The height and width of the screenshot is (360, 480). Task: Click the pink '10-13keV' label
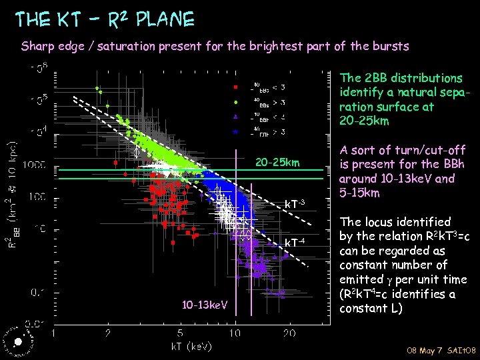[x=205, y=305]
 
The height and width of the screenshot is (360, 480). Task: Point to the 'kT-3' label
[x=295, y=203]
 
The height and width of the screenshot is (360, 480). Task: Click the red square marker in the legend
[x=235, y=87]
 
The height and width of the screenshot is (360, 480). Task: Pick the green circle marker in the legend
[x=235, y=102]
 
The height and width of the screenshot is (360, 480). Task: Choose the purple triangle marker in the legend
[x=235, y=117]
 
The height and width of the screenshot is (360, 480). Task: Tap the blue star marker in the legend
[x=235, y=132]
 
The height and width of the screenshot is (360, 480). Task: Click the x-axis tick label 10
[x=235, y=333]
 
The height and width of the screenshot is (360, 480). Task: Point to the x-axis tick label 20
[x=289, y=333]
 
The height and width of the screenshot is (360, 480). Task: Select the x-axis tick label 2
[x=108, y=333]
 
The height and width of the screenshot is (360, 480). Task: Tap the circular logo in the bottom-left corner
[x=17, y=340]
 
